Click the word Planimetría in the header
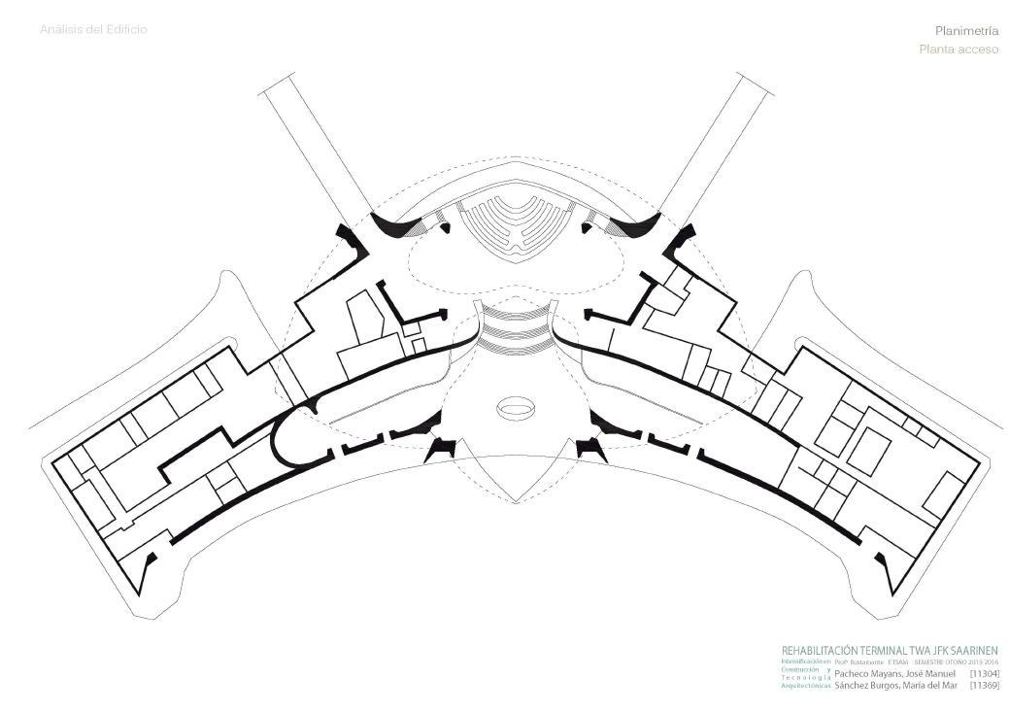[966, 31]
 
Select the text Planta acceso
[959, 50]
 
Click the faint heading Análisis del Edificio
[93, 29]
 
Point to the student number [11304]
[984, 673]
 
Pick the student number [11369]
[984, 685]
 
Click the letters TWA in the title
[916, 651]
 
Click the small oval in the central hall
[516, 407]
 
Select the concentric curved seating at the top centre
[515, 223]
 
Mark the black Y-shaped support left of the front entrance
[443, 448]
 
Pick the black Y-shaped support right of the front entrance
[589, 448]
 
